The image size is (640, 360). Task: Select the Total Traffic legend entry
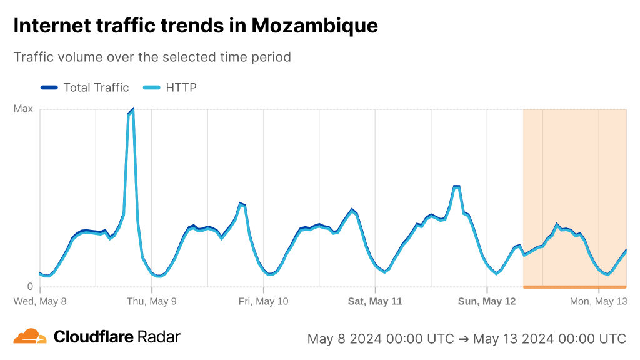[96, 87]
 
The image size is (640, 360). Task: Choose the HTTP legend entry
[181, 87]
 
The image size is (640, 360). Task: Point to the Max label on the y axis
[23, 109]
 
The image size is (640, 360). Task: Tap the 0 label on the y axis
[30, 287]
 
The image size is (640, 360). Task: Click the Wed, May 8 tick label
[40, 301]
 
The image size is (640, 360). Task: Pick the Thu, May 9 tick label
[152, 301]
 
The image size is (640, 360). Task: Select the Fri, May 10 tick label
[264, 301]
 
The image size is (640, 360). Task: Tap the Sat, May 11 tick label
[375, 301]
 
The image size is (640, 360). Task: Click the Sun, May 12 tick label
[487, 301]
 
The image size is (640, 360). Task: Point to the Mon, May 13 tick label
[598, 301]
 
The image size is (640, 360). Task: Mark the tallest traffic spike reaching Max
[132, 110]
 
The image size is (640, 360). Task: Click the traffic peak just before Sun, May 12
[456, 186]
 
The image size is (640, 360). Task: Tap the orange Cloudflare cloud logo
[30, 336]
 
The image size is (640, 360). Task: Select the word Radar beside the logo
[159, 337]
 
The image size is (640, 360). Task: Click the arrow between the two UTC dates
[464, 339]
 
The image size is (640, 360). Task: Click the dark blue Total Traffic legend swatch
[49, 87]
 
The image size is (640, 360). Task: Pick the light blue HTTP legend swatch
[152, 87]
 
